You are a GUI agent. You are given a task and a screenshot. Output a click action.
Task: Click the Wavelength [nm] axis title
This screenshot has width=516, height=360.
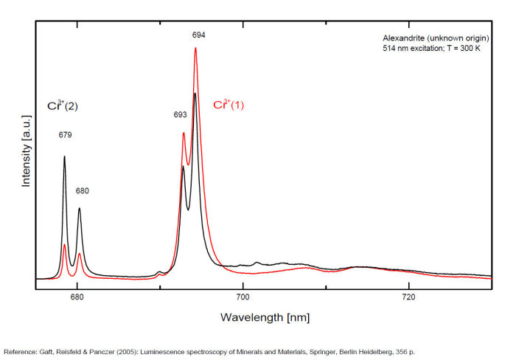(x=265, y=317)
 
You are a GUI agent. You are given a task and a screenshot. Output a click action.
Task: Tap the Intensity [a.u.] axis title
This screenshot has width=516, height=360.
(x=26, y=150)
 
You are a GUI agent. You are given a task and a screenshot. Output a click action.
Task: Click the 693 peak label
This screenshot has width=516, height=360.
(x=180, y=115)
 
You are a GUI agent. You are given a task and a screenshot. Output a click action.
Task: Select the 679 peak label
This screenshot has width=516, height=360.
(x=66, y=135)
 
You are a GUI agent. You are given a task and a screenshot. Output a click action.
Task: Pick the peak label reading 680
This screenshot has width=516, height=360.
(x=82, y=191)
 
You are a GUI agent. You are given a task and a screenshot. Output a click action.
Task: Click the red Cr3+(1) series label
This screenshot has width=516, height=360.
(x=229, y=105)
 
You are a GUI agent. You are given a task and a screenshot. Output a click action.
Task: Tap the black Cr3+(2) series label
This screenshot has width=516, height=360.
(x=63, y=106)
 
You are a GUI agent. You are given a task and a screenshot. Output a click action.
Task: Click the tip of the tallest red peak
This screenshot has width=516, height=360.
(x=195, y=48)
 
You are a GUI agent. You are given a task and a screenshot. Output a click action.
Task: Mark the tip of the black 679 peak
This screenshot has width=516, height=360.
(x=64, y=156)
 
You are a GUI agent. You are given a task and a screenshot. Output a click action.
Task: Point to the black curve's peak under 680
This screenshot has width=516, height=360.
(x=79, y=209)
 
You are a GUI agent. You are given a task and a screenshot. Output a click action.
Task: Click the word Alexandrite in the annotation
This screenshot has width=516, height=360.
(x=404, y=38)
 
